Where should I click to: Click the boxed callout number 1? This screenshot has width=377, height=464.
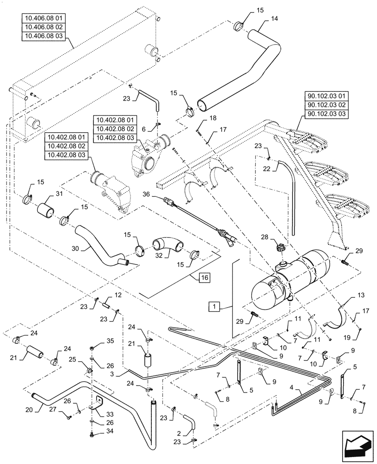click(x=214, y=306)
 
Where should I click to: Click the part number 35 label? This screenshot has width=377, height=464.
click(x=110, y=341)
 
